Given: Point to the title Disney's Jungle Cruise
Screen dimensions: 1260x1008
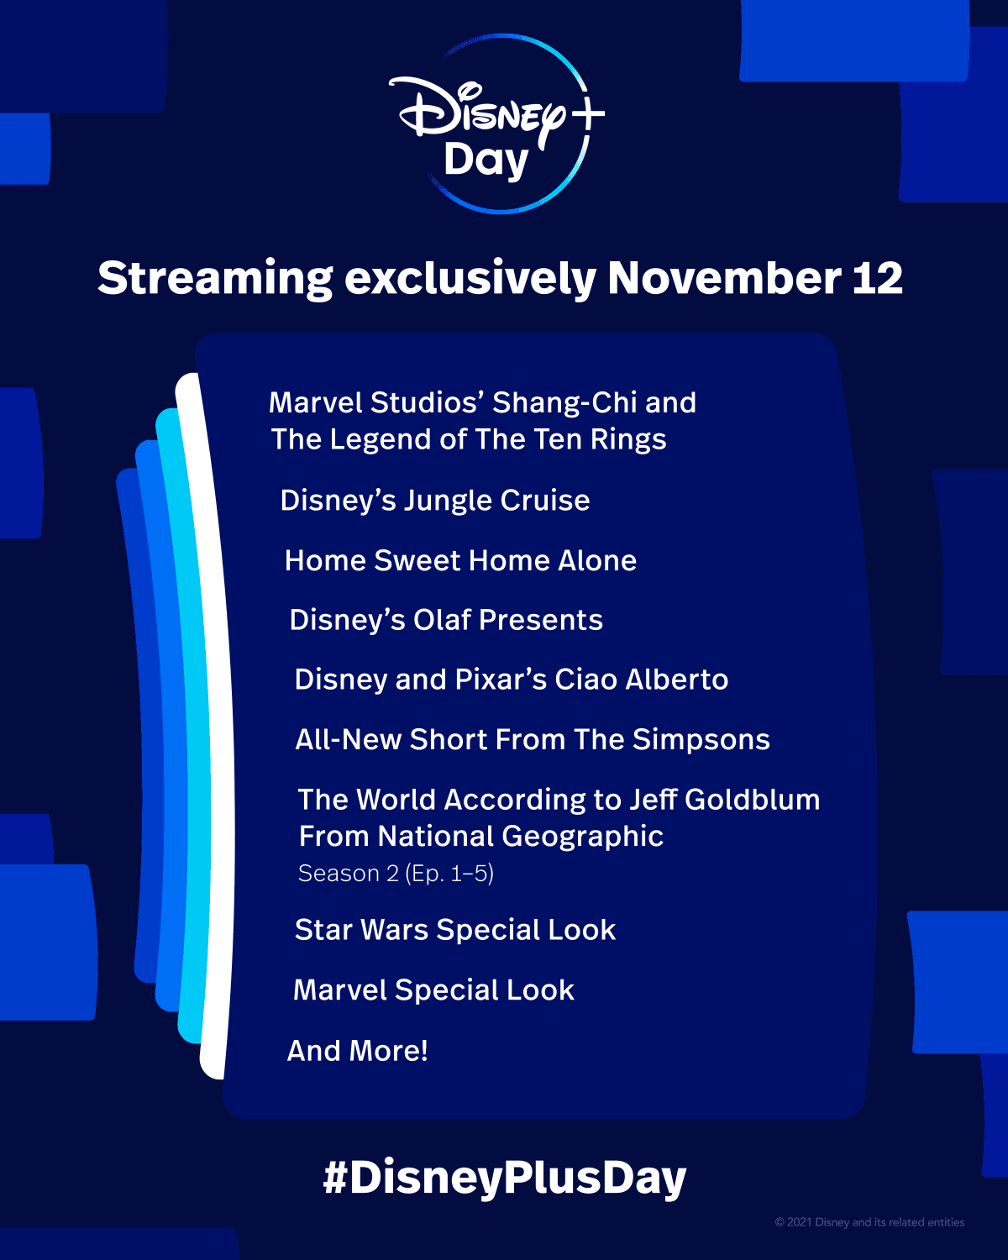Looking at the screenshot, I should pos(435,501).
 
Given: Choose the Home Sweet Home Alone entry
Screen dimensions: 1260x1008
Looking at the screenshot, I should pos(460,560).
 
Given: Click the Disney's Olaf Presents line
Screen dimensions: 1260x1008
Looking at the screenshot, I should pos(446,620).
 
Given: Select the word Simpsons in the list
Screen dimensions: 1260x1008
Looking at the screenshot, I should pos(701,739).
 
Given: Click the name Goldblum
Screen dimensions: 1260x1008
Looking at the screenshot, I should pos(752,800).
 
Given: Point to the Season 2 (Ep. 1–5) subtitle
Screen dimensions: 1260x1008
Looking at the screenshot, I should pos(396,874).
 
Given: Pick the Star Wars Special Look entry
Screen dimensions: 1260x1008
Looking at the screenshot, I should pos(455,930).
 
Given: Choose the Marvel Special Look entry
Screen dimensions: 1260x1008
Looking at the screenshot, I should pos(433,990).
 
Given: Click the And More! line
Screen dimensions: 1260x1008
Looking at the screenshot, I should pos(358,1051).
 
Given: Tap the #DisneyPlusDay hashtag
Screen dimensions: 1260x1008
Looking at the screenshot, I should pos(505,1178).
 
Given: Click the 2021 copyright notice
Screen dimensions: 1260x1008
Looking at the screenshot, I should pos(869,1222).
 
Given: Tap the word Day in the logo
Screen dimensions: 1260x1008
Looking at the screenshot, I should pos(486,160).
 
